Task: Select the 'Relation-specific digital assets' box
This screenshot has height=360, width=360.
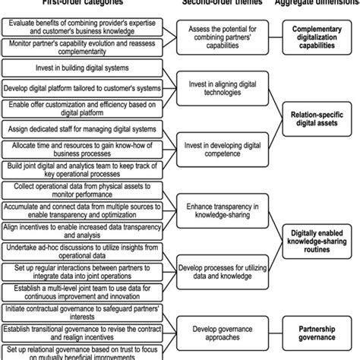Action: [x=314, y=115]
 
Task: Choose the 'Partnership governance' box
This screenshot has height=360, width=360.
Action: [x=314, y=329]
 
